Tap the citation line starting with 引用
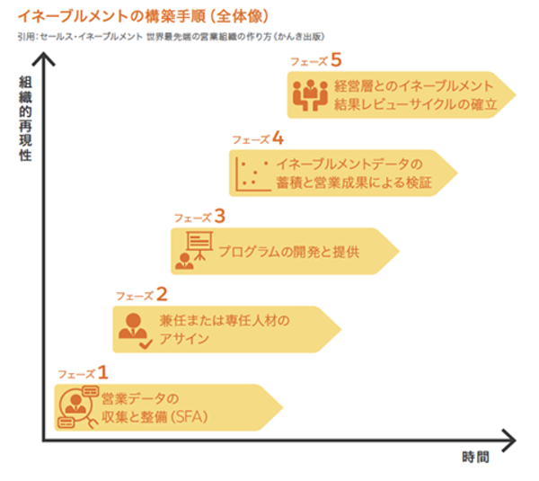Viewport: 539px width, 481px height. pyautogui.click(x=171, y=36)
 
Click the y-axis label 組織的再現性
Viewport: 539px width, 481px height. pyautogui.click(x=25, y=117)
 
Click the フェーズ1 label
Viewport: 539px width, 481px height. pyautogui.click(x=83, y=370)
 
